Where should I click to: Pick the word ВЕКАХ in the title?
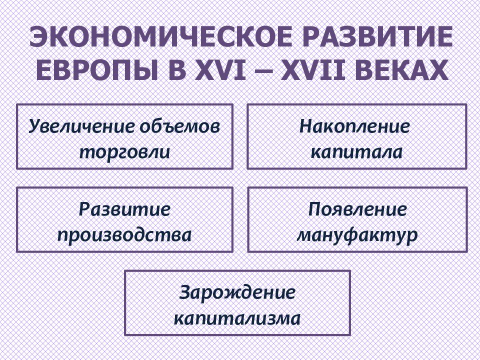click(x=400, y=70)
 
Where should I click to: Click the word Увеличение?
click(x=81, y=126)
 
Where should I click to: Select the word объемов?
click(x=180, y=126)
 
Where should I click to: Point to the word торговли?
click(x=124, y=152)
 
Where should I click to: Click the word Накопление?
click(x=354, y=126)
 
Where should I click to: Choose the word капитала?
click(x=356, y=152)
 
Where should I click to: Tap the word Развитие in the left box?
click(x=124, y=209)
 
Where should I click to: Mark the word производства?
click(x=124, y=235)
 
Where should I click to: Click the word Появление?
click(x=357, y=209)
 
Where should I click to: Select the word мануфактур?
click(x=357, y=235)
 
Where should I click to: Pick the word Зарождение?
click(x=237, y=292)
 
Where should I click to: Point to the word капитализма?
click(x=237, y=318)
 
